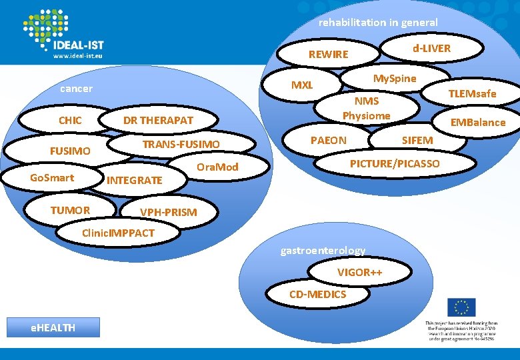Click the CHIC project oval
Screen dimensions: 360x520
[70, 121]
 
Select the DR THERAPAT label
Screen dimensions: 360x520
[158, 121]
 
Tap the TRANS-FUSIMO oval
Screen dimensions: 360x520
[181, 145]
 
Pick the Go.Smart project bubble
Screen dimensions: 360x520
[52, 178]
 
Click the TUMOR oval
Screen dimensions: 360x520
[70, 211]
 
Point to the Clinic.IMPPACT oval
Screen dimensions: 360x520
[117, 233]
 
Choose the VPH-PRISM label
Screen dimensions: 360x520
[168, 213]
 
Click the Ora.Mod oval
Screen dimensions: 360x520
[217, 167]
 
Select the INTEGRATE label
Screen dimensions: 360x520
[134, 180]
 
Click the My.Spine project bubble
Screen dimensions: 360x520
[394, 79]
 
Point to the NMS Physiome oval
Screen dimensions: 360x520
[366, 109]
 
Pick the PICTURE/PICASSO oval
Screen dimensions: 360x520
[395, 163]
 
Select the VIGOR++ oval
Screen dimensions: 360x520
[359, 273]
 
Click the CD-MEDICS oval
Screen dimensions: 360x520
[317, 295]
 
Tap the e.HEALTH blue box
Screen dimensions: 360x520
[53, 327]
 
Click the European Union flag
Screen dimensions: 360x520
[461, 307]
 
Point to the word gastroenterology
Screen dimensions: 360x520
[323, 251]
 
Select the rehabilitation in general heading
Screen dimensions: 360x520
[378, 23]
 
